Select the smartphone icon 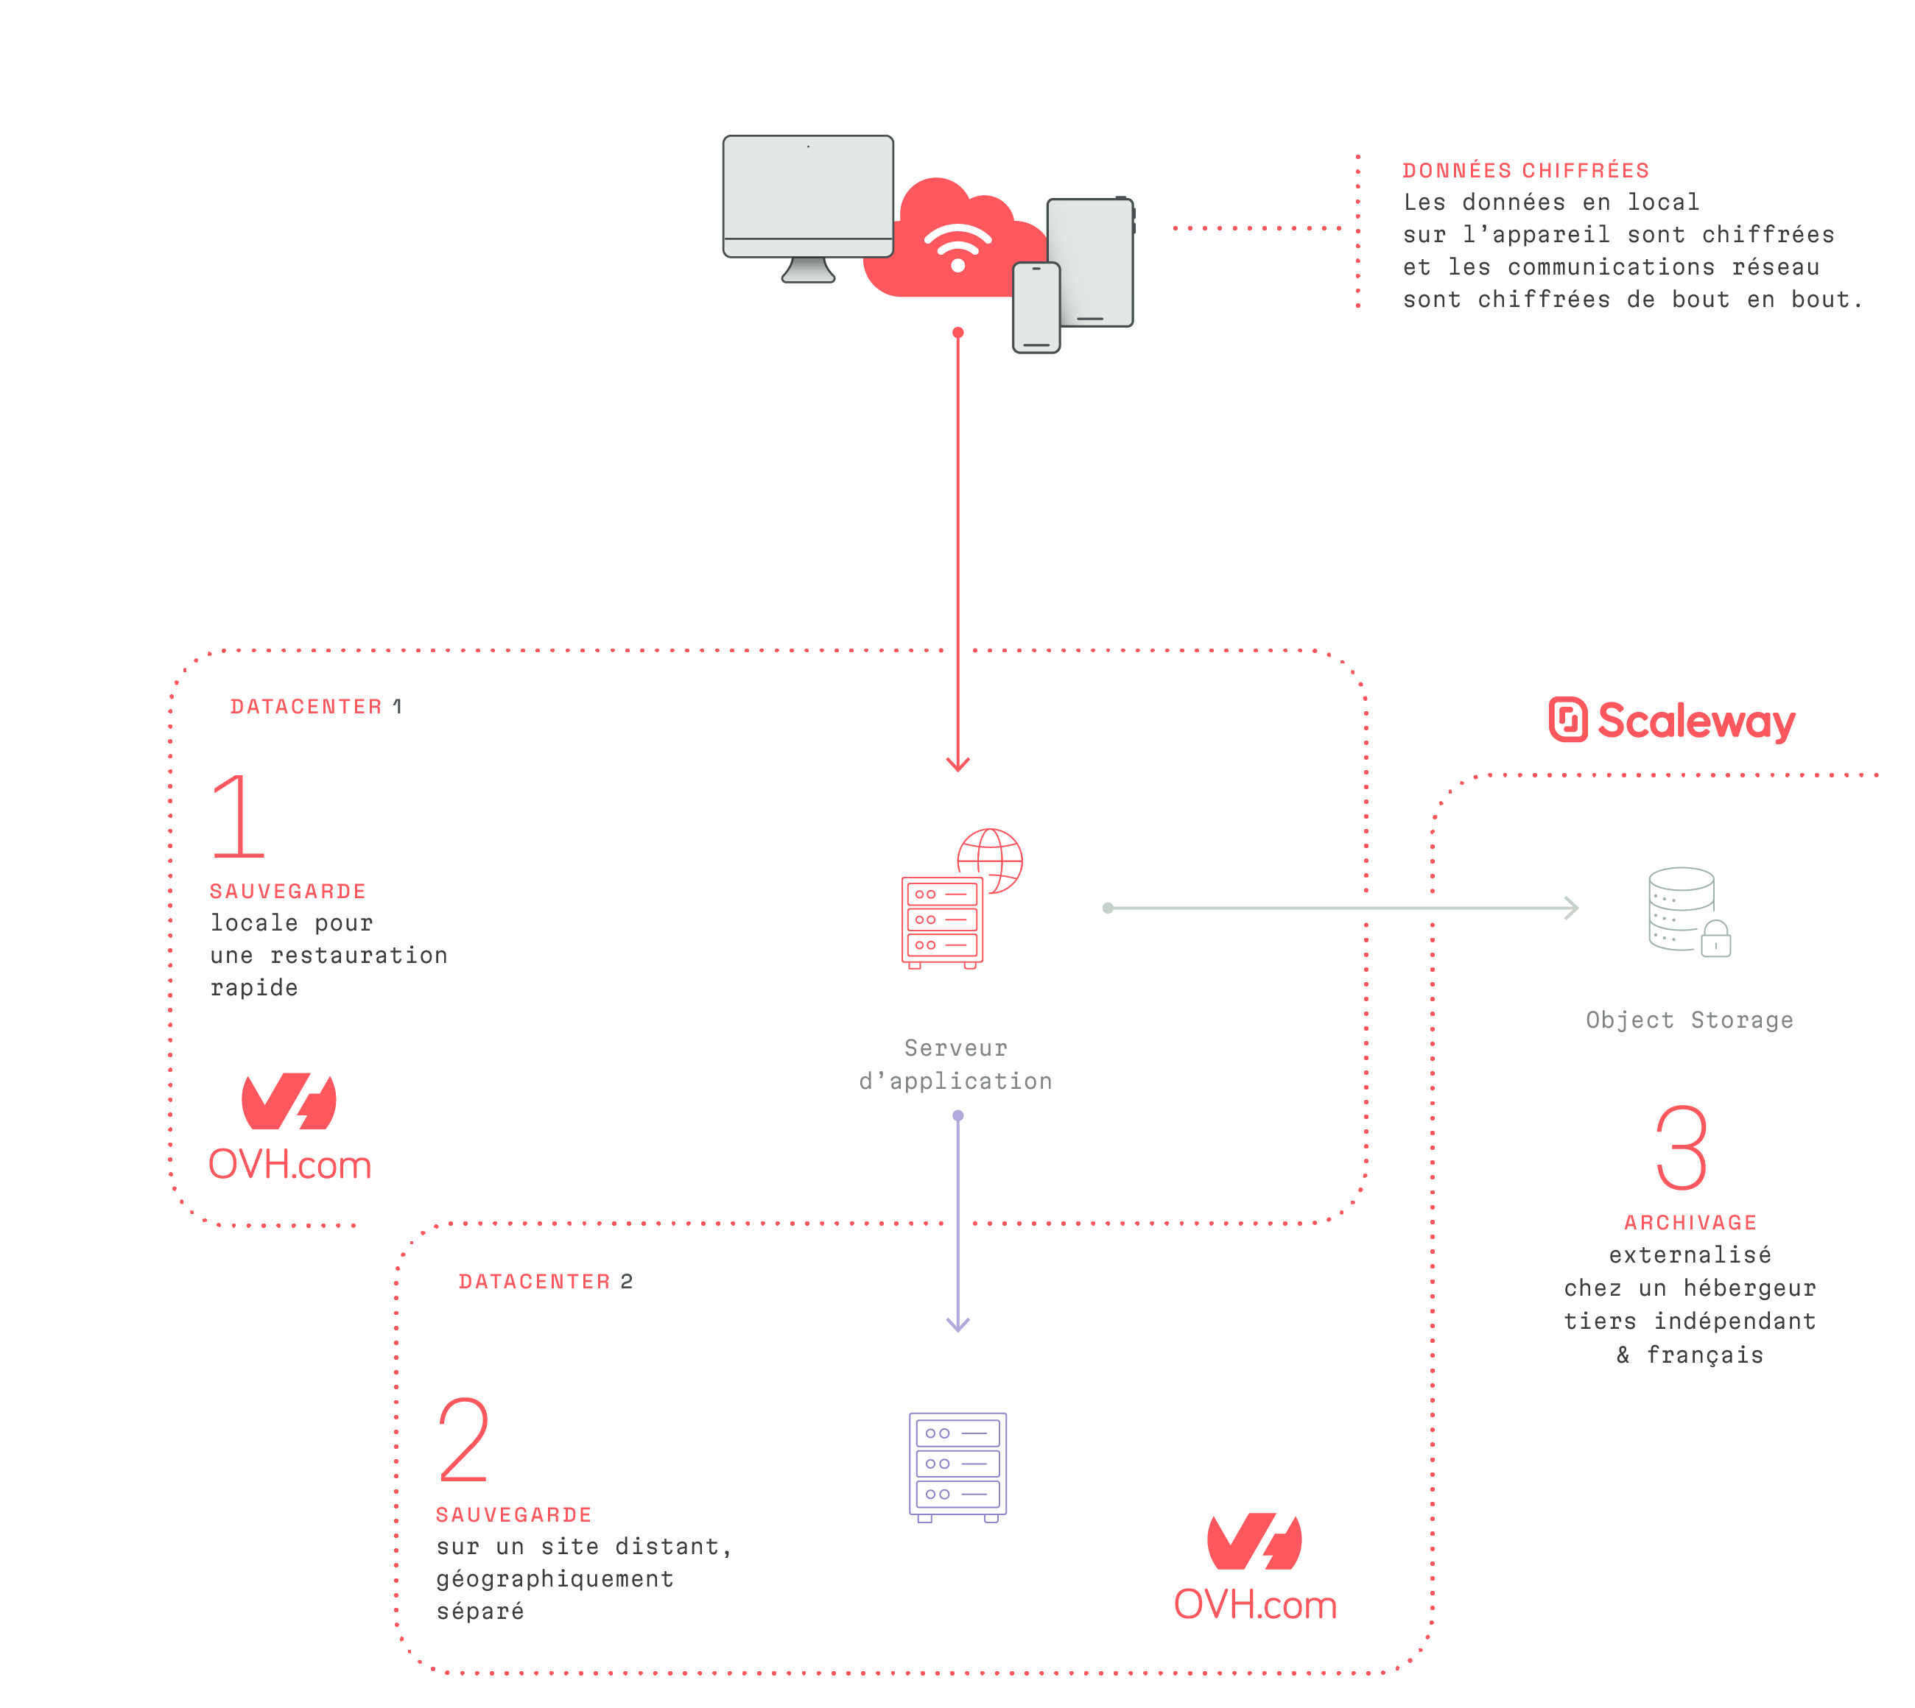[x=1036, y=308]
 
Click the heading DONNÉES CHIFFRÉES [x=1525, y=171]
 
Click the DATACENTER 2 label [x=544, y=1282]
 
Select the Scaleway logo [x=1672, y=721]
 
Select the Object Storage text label [x=1689, y=1020]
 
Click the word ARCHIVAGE [x=1690, y=1223]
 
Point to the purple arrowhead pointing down [x=958, y=1324]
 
